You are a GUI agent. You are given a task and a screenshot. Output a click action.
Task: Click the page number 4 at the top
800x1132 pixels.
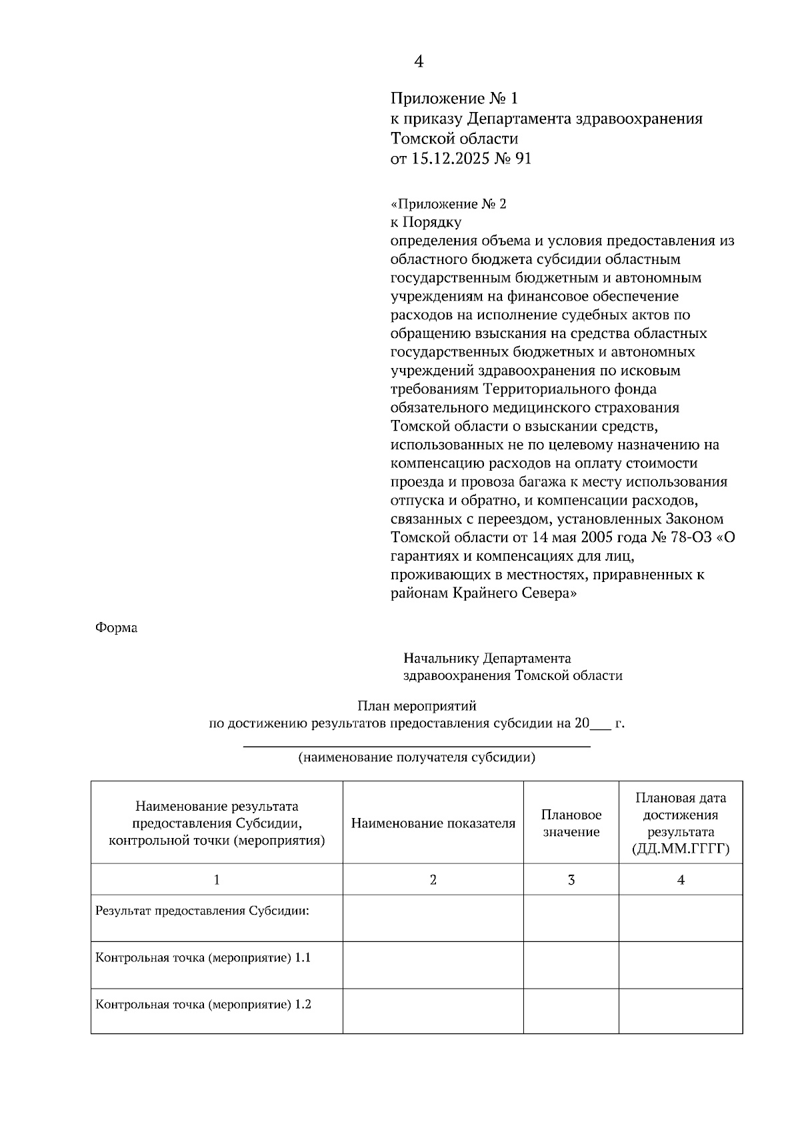pos(419,62)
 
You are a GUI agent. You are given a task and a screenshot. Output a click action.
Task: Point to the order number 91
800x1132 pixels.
pos(523,159)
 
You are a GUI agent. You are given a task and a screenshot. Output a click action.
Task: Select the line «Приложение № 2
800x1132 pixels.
pos(448,204)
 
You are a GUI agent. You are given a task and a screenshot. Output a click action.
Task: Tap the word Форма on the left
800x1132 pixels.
pos(116,628)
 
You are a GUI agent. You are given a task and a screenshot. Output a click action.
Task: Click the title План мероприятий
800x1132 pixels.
pos(417,705)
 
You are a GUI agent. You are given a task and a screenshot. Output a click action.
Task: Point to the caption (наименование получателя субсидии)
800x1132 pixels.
pos(417,757)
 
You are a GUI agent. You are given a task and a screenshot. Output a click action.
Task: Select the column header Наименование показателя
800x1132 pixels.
pos(433,823)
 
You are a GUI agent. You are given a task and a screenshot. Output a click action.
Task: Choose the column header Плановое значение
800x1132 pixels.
pos(571,823)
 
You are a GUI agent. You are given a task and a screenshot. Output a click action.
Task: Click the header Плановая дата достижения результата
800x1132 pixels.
pos(680,823)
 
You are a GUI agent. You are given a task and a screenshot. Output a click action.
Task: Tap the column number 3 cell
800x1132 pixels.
pos(571,880)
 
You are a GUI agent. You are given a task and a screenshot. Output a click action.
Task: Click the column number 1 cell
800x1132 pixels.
pos(217,880)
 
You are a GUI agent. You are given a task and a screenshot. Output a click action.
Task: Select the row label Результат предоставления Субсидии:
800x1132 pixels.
pos(202,911)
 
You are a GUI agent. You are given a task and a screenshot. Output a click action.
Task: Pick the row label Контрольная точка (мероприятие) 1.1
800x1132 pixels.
pos(203,958)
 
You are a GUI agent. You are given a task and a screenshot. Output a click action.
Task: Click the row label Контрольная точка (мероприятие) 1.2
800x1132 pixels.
pos(203,1005)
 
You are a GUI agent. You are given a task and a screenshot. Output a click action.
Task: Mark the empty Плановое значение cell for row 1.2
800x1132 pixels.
pos(571,1011)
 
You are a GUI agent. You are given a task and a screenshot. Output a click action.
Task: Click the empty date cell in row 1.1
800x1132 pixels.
pos(680,965)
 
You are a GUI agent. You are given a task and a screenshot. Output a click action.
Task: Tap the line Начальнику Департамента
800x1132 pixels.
pos(487,659)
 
